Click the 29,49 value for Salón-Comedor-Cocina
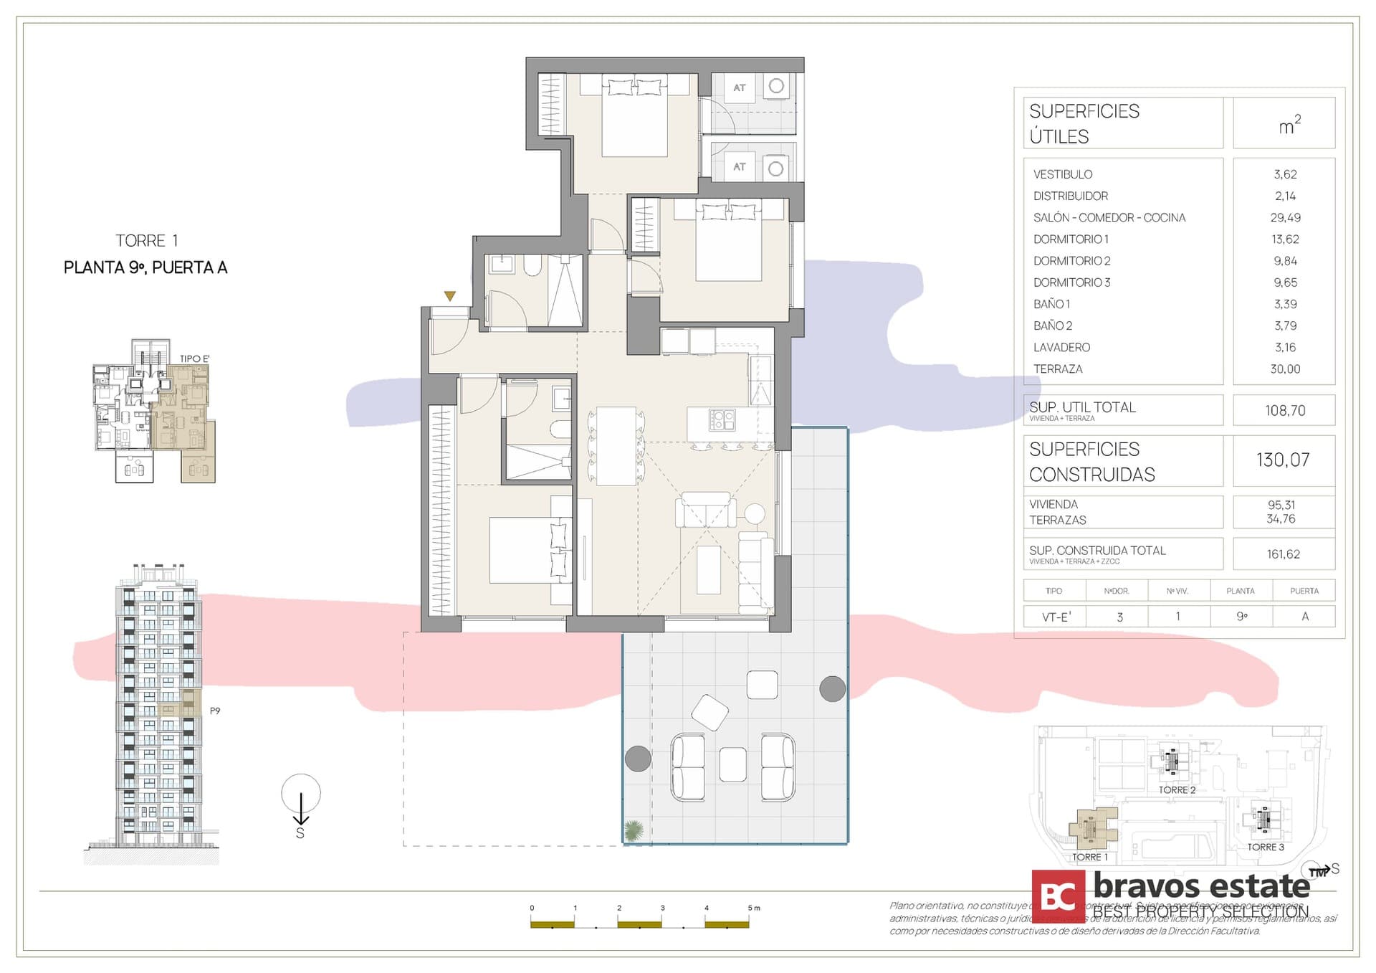pos(1285,217)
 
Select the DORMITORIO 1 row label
pos(1071,239)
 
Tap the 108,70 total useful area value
pos(1285,410)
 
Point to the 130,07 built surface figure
pos(1283,460)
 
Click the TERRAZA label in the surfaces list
pos(1058,369)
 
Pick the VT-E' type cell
pos(1054,617)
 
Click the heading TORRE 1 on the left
pos(146,241)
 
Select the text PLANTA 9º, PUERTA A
pos(145,268)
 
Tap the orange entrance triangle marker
pos(449,296)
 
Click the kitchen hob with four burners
pos(722,419)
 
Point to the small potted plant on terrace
pos(634,830)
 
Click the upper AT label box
pos(740,87)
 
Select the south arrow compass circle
pos(301,794)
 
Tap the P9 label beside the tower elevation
pos(214,711)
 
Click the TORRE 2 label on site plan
pos(1177,790)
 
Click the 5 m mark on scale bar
pos(753,908)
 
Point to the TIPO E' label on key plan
pos(194,359)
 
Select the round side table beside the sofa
pos(755,513)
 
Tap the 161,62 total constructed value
pos(1283,554)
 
